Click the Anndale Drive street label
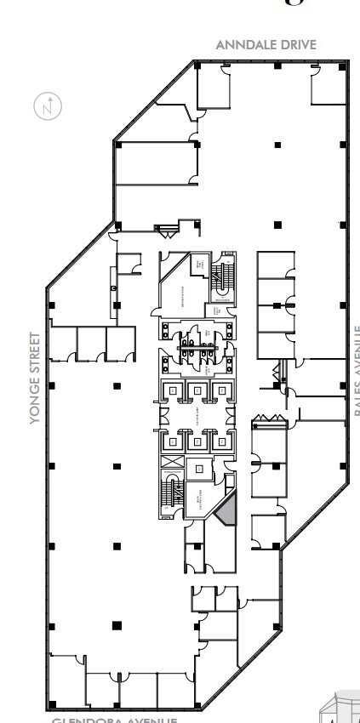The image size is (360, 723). [x=266, y=44]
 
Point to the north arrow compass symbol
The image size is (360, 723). [x=49, y=107]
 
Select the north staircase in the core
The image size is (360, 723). [x=223, y=280]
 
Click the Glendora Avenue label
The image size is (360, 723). [x=115, y=720]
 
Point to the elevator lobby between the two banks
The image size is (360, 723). [x=196, y=416]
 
